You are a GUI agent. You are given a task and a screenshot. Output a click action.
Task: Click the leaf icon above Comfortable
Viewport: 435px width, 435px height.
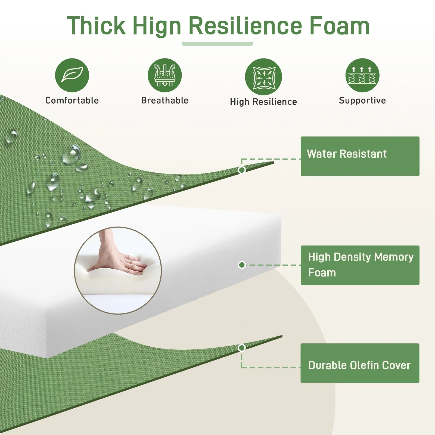pyautogui.click(x=72, y=75)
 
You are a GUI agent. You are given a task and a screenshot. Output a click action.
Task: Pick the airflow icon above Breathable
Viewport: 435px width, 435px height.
pyautogui.click(x=165, y=75)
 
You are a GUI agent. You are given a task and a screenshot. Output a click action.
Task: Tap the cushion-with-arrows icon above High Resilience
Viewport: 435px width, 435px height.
pyautogui.click(x=263, y=77)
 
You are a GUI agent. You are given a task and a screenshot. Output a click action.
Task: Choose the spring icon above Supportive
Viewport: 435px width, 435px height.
pyautogui.click(x=362, y=75)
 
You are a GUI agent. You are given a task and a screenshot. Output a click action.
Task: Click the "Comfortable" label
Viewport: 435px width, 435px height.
pyautogui.click(x=72, y=100)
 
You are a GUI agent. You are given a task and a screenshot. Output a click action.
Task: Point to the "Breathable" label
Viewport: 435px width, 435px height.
pyautogui.click(x=165, y=100)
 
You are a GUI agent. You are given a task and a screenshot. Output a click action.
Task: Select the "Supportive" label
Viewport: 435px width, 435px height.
pyautogui.click(x=362, y=101)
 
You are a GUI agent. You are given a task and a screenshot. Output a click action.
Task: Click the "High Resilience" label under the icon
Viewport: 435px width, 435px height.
pyautogui.click(x=263, y=102)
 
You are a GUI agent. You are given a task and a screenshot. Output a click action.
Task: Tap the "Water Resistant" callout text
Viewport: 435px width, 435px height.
pyautogui.click(x=347, y=154)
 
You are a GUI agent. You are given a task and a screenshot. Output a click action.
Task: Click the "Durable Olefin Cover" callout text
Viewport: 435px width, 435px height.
pyautogui.click(x=359, y=365)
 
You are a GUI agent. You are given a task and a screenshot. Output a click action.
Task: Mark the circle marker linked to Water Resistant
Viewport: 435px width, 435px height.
pyautogui.click(x=242, y=170)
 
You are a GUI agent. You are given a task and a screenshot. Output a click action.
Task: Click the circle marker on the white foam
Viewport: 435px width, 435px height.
pyautogui.click(x=242, y=265)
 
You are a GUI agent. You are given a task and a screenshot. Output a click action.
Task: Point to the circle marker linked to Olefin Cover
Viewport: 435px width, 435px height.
pyautogui.click(x=242, y=348)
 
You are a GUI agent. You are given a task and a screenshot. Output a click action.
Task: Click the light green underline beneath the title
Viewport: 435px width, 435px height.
pyautogui.click(x=217, y=44)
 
